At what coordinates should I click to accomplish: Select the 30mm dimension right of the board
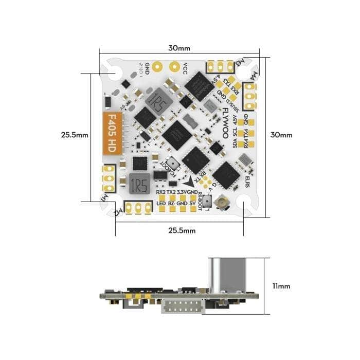pos(281,135)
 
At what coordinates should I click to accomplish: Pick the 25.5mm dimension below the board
pos(181,230)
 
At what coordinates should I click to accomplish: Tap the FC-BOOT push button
pos(173,163)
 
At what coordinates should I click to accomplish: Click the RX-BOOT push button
pos(209,202)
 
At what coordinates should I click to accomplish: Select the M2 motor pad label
pos(119,210)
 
